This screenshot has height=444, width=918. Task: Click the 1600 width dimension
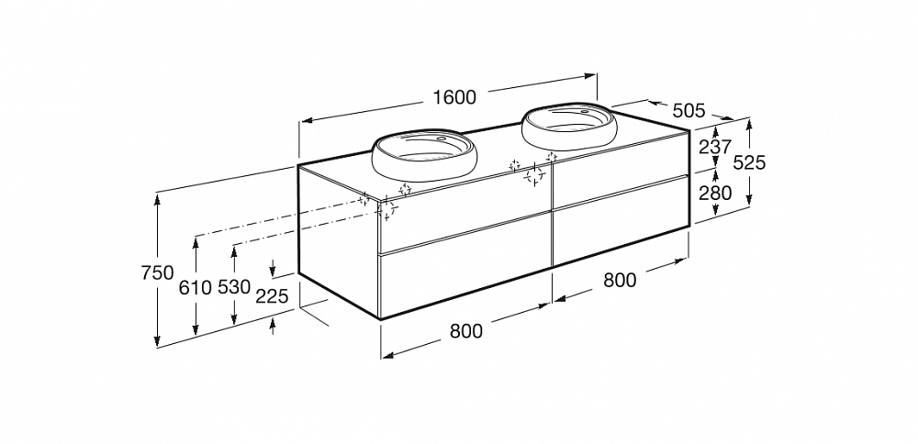pos(454,97)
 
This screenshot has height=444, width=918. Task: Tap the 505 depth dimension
pos(688,110)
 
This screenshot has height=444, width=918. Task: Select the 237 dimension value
pos(715,146)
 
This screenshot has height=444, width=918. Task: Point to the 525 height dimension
pos(749,162)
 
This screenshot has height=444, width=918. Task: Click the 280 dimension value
pos(715,193)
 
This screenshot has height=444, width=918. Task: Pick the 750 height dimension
pos(158,273)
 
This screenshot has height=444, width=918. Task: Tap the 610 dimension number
pos(196,287)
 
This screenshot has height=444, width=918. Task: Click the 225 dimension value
pos(273,297)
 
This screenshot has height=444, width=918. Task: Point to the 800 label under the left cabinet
pos(466,331)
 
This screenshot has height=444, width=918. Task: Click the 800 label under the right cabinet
pos(620,280)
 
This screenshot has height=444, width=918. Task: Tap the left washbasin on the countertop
pos(420,155)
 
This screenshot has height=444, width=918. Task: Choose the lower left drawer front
pos(466,266)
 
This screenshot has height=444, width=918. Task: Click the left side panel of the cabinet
pos(339,241)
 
